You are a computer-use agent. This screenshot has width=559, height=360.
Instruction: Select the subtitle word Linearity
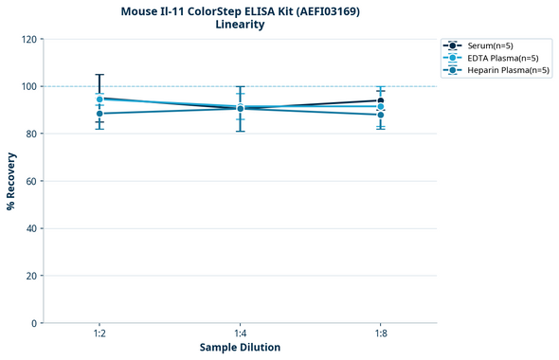click(x=240, y=26)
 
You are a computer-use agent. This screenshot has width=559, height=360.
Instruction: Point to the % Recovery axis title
click(x=11, y=181)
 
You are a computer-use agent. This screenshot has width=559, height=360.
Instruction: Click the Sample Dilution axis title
click(x=240, y=348)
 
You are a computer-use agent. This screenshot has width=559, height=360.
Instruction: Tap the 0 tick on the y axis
click(x=34, y=323)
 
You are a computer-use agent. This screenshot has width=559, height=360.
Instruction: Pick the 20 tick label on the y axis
click(x=31, y=276)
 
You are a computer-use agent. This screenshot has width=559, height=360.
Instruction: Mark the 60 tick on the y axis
click(x=31, y=181)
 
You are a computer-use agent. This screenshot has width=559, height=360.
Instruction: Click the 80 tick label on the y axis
click(x=31, y=134)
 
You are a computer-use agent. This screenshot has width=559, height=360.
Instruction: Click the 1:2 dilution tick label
click(x=99, y=334)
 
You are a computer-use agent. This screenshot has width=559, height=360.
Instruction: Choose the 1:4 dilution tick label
click(x=240, y=334)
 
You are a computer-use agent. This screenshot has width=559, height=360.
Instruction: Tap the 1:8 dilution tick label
click(x=380, y=334)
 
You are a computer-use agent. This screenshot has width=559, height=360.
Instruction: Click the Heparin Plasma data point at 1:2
click(x=99, y=114)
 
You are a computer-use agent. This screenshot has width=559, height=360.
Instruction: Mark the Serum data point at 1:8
click(x=380, y=100)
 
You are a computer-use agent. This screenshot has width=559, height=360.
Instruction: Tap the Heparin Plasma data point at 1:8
click(x=380, y=115)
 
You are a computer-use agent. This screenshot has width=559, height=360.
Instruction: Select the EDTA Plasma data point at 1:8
click(x=380, y=107)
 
